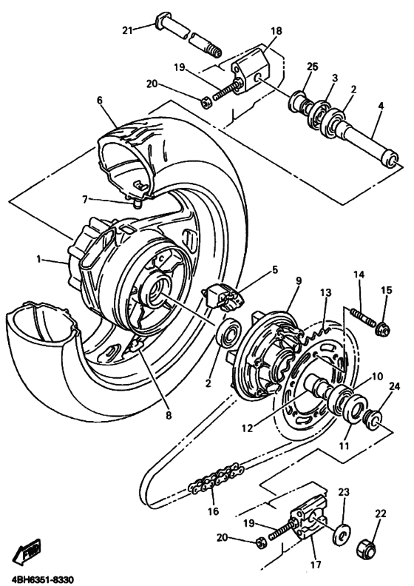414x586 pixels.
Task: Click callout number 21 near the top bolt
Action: pos(127,30)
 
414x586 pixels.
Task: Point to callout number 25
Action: pos(312,67)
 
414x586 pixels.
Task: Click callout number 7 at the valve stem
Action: pos(86,198)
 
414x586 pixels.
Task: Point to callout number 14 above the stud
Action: pos(359,275)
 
